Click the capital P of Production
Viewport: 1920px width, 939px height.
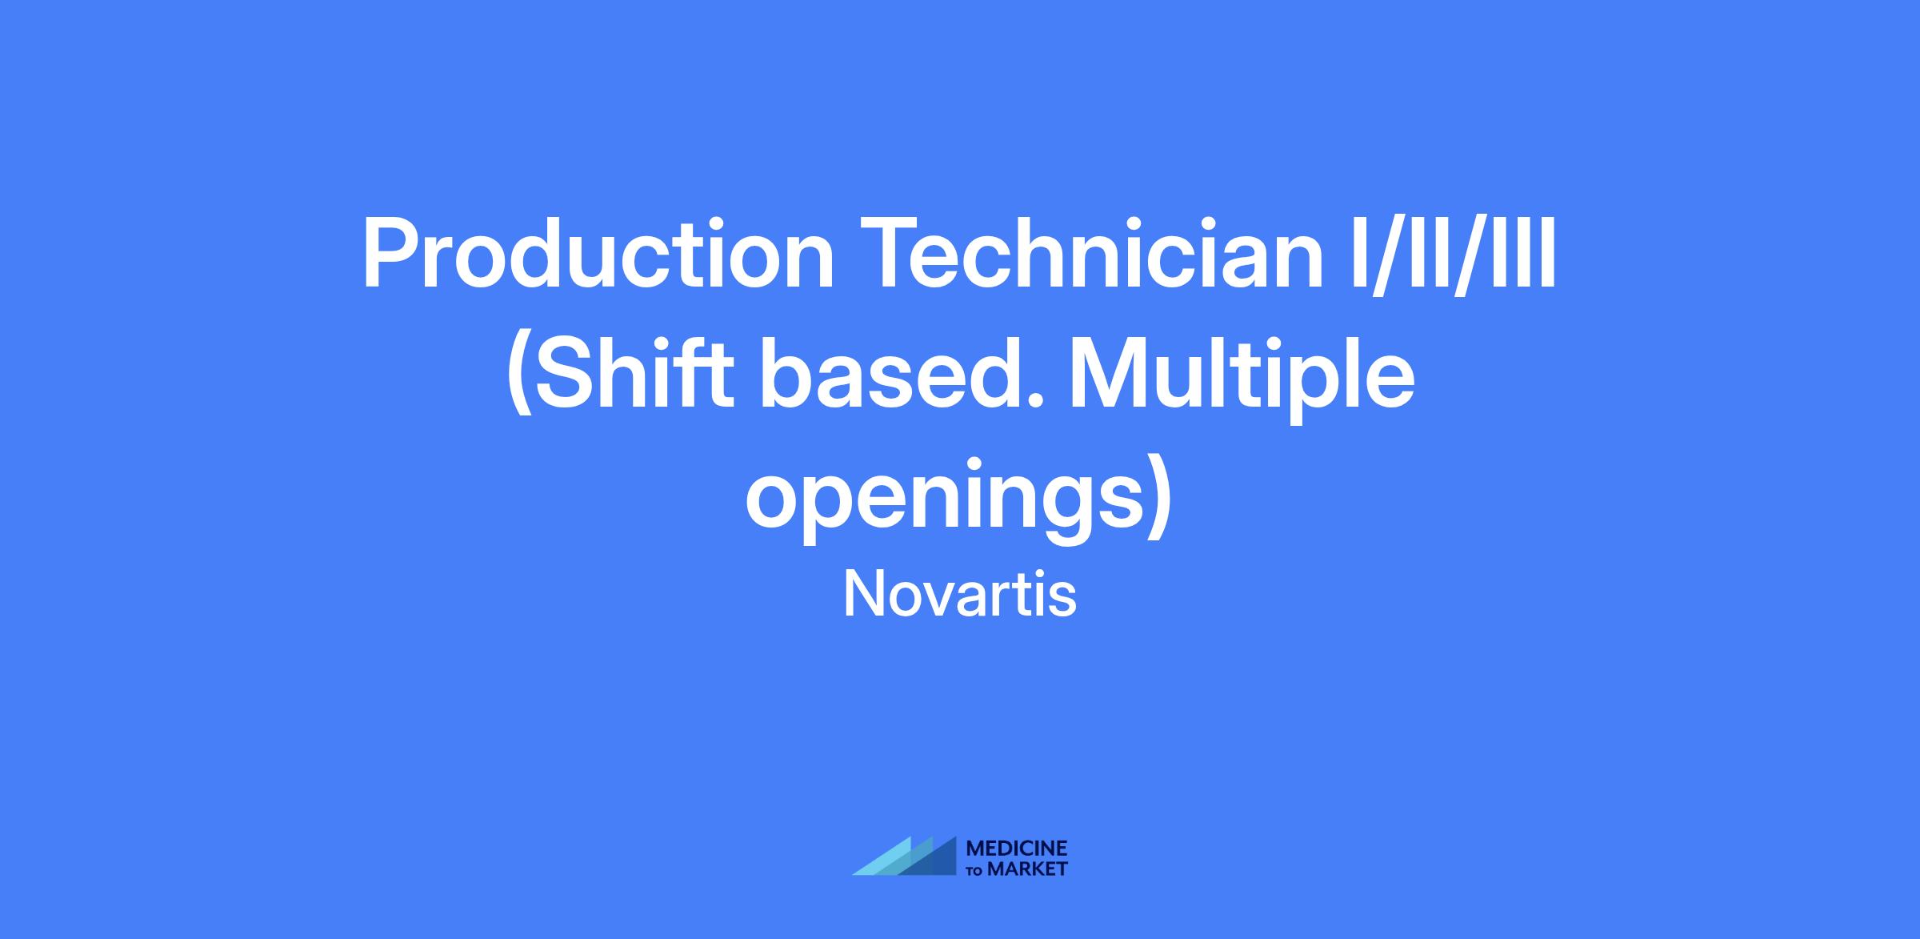(x=391, y=254)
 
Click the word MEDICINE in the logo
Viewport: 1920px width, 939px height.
(x=1017, y=849)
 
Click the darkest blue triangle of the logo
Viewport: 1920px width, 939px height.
(x=933, y=859)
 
